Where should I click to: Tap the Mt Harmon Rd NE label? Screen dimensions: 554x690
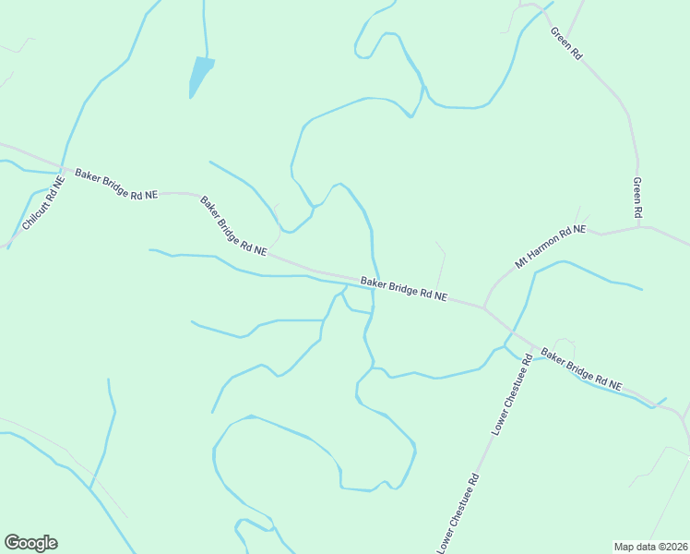[x=551, y=246]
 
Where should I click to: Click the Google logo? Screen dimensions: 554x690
[x=30, y=543]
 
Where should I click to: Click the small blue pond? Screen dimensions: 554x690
[x=199, y=74]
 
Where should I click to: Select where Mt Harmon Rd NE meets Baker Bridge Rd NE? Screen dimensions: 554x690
[x=482, y=306]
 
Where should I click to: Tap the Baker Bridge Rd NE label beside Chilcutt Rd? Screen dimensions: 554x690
[x=116, y=184]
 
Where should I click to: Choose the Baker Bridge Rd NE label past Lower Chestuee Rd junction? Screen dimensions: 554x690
[x=581, y=367]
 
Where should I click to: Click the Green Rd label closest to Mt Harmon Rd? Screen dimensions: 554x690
[x=637, y=198]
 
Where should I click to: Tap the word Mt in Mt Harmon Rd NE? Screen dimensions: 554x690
[x=522, y=262]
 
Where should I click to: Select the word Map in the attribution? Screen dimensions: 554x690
[x=625, y=546]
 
